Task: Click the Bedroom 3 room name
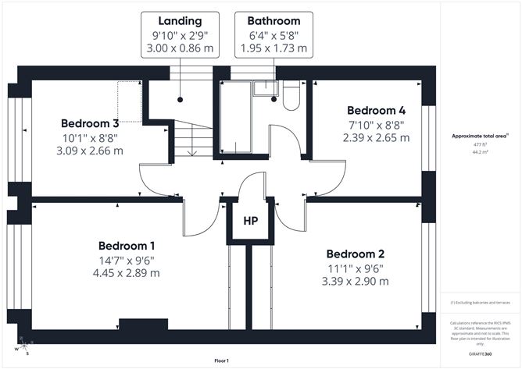pyautogui.click(x=90, y=123)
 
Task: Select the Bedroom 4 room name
pyautogui.click(x=376, y=110)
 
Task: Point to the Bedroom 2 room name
pyautogui.click(x=356, y=254)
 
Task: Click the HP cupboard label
pyautogui.click(x=251, y=222)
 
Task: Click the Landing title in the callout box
pyautogui.click(x=180, y=21)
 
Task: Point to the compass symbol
pyautogui.click(x=25, y=344)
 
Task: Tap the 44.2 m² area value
pyautogui.click(x=477, y=153)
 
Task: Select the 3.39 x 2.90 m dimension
pyautogui.click(x=356, y=282)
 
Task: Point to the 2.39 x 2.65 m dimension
pyautogui.click(x=376, y=138)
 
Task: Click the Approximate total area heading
pyautogui.click(x=477, y=135)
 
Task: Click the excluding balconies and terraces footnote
pyautogui.click(x=477, y=303)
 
